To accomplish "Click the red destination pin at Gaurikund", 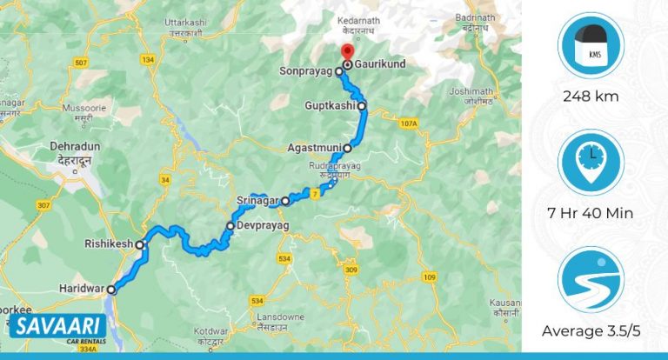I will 347,52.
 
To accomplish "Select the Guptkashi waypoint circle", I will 363,107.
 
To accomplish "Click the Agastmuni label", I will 314,149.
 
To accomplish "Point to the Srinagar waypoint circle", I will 285,201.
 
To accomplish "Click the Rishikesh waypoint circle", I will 140,245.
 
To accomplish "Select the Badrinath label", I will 479,17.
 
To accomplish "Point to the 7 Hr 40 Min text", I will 591,213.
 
